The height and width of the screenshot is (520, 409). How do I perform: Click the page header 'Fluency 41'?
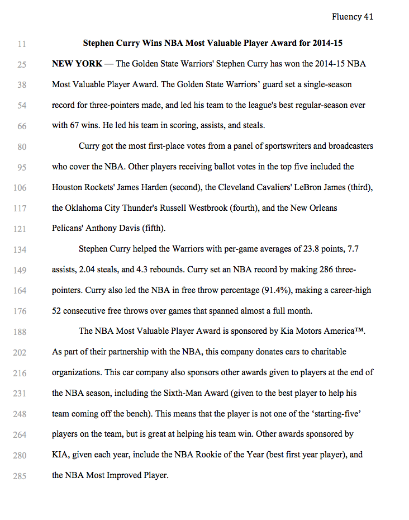[x=352, y=17]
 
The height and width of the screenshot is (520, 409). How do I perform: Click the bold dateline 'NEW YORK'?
[x=77, y=64]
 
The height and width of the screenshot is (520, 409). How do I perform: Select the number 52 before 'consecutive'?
[x=57, y=311]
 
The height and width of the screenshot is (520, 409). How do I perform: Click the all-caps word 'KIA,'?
[x=61, y=455]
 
